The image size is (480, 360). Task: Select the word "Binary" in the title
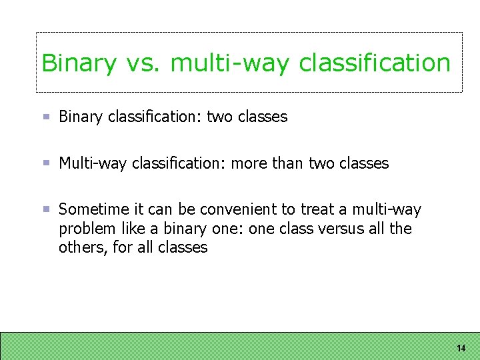click(x=79, y=63)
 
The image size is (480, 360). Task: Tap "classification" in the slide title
click(x=375, y=63)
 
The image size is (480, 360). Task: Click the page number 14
click(x=461, y=348)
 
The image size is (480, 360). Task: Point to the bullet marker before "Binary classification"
click(x=47, y=117)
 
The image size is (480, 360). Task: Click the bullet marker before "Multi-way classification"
click(x=47, y=163)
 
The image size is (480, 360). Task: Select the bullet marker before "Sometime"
click(x=47, y=209)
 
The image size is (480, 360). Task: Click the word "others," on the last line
click(x=81, y=248)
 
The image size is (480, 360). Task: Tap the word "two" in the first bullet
click(x=219, y=117)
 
